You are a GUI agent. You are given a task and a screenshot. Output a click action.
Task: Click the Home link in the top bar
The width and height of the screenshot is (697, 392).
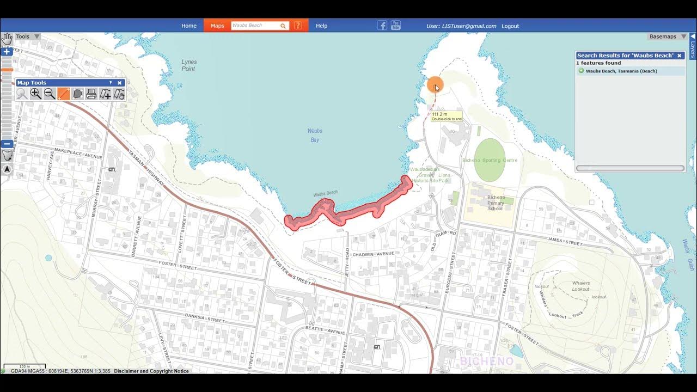(189, 26)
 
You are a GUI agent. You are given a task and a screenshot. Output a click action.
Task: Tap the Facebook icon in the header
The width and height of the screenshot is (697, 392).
(382, 26)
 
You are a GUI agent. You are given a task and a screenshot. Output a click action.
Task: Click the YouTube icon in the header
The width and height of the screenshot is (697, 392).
(396, 25)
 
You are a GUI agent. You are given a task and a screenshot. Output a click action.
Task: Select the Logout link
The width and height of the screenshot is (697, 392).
(510, 26)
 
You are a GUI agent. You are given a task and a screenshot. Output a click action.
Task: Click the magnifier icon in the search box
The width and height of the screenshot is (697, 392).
(283, 26)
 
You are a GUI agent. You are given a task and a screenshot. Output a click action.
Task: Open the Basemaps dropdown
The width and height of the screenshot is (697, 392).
(667, 36)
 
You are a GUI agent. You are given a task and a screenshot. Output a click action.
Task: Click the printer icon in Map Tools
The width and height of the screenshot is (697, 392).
(91, 94)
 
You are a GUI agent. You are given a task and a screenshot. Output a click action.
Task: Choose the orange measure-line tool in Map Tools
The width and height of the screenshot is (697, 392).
(64, 94)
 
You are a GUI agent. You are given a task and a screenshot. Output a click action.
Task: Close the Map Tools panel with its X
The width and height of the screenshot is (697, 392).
(120, 83)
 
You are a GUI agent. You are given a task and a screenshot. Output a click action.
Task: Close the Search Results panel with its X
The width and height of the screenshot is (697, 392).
(679, 56)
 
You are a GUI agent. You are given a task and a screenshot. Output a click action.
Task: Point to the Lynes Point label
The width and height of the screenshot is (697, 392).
(188, 65)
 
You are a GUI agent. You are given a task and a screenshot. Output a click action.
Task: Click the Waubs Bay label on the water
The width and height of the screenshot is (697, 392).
(315, 136)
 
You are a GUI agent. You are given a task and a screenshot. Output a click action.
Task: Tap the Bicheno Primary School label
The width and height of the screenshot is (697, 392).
(496, 203)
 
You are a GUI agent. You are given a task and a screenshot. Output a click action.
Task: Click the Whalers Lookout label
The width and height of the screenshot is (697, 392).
(580, 286)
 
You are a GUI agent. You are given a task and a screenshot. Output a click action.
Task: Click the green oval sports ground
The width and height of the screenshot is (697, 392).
(489, 160)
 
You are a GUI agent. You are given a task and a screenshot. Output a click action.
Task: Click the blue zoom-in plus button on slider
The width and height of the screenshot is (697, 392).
(7, 52)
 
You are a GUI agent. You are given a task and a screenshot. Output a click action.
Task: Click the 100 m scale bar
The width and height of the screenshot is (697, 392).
(25, 366)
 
